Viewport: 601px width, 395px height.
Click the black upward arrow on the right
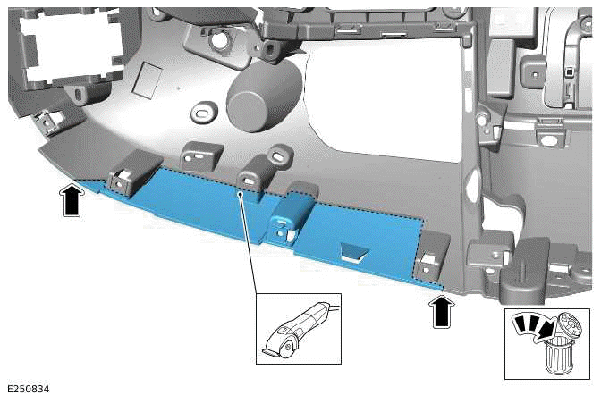point(439,313)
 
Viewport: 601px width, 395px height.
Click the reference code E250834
point(28,389)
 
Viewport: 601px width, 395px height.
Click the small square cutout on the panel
point(144,83)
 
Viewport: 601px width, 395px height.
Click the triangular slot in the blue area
point(352,253)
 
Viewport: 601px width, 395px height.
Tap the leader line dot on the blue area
point(241,190)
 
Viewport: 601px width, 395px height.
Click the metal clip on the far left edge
point(42,119)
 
